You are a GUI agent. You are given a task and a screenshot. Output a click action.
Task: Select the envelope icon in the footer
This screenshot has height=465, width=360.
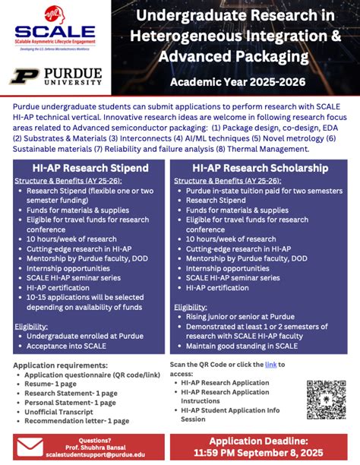(x=30, y=446)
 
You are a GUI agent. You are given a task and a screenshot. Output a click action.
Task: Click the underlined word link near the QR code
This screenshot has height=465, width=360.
(x=270, y=365)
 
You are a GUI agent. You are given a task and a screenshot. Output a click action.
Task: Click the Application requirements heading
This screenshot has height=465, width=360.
(x=57, y=365)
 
